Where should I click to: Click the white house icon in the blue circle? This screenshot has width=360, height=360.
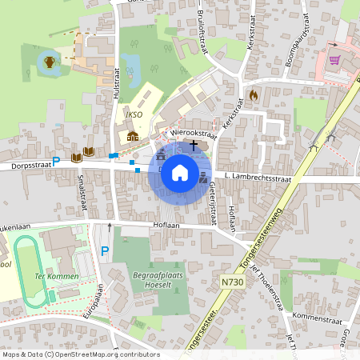tap(180, 173)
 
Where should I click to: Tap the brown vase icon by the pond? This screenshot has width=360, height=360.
tap(50, 62)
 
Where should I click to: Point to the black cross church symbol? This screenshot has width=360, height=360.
tap(194, 144)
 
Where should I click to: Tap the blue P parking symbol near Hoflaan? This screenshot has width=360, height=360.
tap(104, 252)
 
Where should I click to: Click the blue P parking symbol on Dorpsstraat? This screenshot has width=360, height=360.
tap(56, 159)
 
